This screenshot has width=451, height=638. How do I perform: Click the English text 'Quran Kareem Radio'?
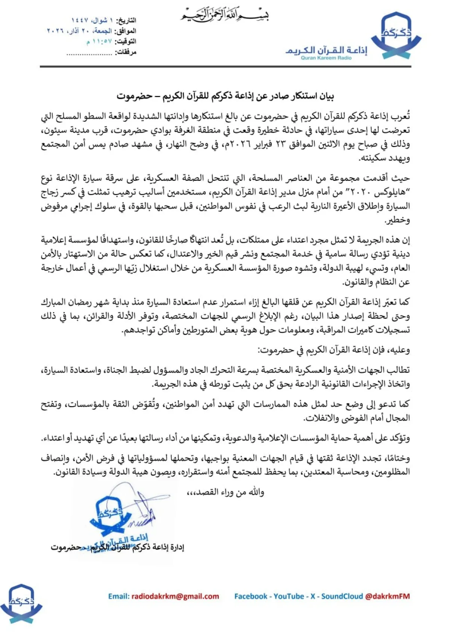pyautogui.click(x=326, y=58)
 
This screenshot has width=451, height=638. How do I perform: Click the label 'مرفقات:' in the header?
pyautogui.click(x=126, y=52)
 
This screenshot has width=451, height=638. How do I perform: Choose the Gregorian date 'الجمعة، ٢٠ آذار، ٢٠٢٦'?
pyautogui.click(x=79, y=31)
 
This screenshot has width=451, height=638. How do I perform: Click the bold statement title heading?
pyautogui.click(x=225, y=96)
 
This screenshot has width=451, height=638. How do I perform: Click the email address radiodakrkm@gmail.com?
pyautogui.click(x=174, y=596)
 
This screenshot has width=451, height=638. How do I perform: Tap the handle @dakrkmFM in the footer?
pyautogui.click(x=387, y=596)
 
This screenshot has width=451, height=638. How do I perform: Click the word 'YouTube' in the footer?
pyautogui.click(x=289, y=596)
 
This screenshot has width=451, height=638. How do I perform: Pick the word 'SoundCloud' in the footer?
pyautogui.click(x=342, y=596)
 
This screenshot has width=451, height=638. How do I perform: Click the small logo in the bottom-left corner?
pyautogui.click(x=21, y=603)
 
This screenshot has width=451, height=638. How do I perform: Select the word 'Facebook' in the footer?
pyautogui.click(x=251, y=596)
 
